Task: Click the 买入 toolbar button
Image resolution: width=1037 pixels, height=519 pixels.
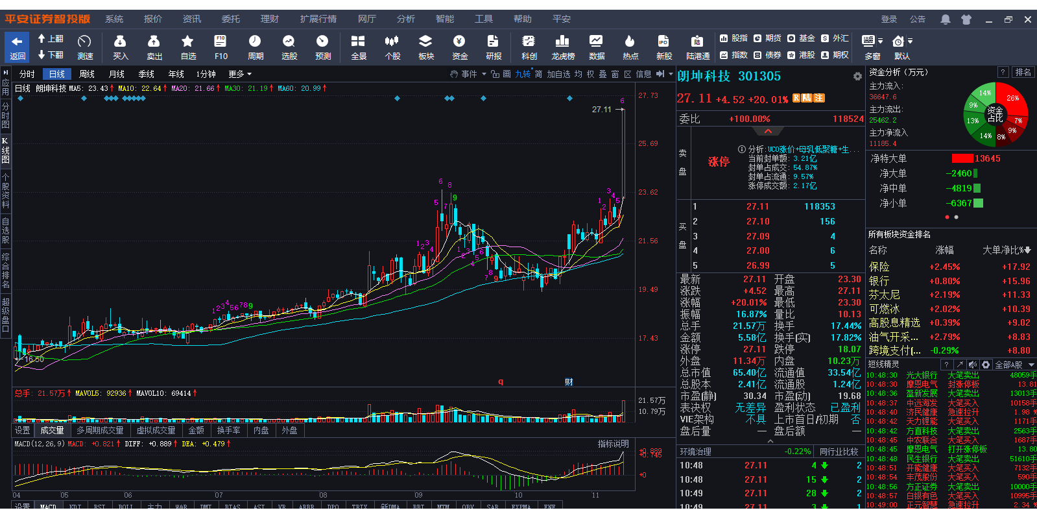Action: (x=121, y=47)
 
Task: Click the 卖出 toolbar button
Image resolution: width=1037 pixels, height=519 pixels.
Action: (x=154, y=47)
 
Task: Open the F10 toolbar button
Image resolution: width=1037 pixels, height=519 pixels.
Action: (x=221, y=47)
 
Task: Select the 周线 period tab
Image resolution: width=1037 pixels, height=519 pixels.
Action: (x=87, y=74)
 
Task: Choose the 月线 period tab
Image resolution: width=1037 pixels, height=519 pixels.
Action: (x=117, y=74)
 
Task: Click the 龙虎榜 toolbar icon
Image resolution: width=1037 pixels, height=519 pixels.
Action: (x=562, y=47)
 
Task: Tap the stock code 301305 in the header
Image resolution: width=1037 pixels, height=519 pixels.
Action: (x=759, y=76)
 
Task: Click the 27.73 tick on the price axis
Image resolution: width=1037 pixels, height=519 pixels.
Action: (x=648, y=95)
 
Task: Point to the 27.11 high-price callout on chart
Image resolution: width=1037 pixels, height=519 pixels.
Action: (x=601, y=110)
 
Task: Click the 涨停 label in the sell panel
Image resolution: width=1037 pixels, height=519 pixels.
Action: (x=718, y=162)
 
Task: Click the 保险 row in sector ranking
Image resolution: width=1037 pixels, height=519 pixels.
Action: (x=879, y=267)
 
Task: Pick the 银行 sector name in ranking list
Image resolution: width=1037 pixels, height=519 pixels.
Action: (x=879, y=281)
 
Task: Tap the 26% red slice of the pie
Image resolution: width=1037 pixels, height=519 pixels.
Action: (x=1012, y=98)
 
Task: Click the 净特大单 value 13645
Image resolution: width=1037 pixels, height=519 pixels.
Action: (x=987, y=158)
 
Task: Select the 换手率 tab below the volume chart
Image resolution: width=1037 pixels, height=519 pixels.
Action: (x=228, y=430)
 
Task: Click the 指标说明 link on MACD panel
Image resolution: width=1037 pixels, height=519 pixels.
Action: (x=613, y=444)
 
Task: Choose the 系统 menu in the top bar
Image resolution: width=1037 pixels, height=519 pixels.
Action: (x=114, y=19)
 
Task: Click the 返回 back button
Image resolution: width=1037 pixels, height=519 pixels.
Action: (x=18, y=47)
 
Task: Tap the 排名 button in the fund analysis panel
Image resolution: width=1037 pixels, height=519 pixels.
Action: (x=1023, y=72)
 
